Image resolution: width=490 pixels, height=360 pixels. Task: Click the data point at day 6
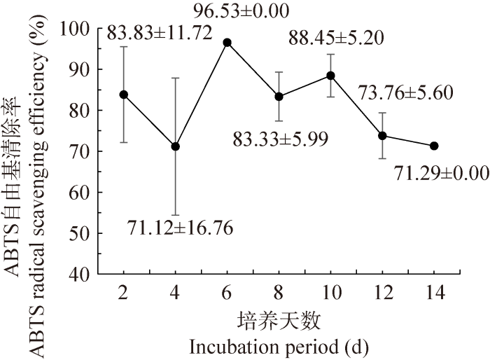coord(227,43)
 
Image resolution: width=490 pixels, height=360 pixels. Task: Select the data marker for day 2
coord(123,95)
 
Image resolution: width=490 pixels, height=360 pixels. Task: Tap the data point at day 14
coord(434,146)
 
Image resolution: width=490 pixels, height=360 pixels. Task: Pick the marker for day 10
coord(330,76)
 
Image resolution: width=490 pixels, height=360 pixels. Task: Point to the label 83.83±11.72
coord(159,32)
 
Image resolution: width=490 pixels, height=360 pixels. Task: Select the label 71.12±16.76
coord(180,228)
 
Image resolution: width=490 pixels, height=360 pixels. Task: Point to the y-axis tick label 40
coord(83,275)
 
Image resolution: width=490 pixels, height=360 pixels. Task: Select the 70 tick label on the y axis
coord(83,151)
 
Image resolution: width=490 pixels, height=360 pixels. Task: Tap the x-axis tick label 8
coord(279,293)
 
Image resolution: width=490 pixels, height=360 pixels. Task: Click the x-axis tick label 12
coord(382,293)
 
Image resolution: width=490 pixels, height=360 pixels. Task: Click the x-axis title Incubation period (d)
coord(279,346)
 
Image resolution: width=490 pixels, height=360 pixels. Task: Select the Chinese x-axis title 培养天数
coord(279,321)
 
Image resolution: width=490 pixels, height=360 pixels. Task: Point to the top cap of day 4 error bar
coord(175,78)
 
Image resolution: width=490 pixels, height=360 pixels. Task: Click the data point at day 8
coord(279,97)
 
